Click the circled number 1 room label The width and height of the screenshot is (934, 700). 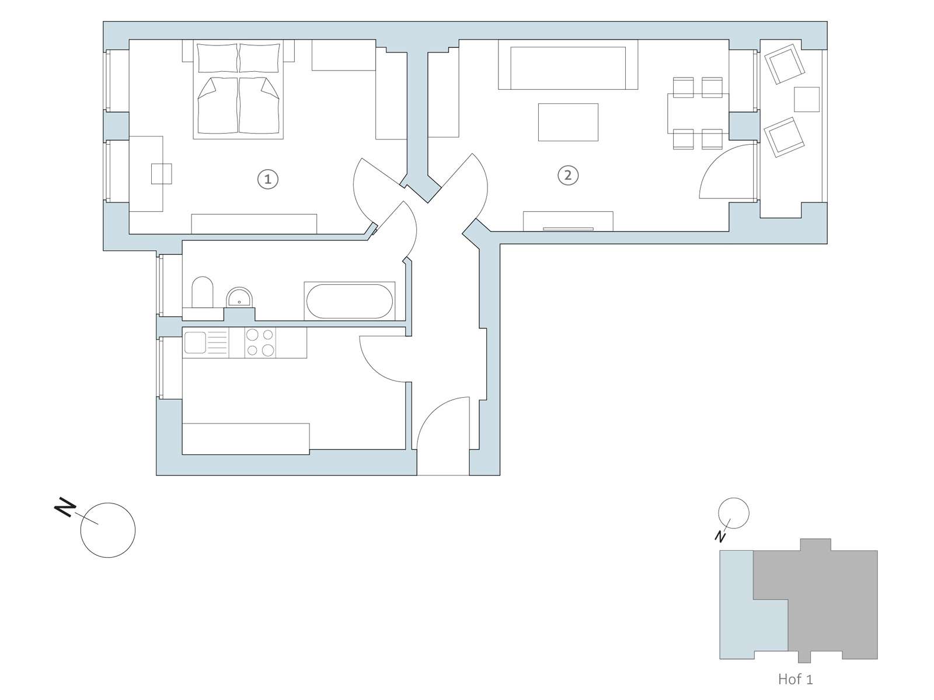point(267,179)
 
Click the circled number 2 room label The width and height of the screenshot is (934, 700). point(567,175)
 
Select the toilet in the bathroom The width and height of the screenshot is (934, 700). point(202,292)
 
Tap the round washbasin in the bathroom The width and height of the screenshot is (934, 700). point(239,297)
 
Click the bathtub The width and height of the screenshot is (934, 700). point(349,301)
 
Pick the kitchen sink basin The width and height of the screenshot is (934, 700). point(194,342)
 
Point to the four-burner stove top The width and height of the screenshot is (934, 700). point(260,342)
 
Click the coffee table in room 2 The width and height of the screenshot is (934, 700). point(568,122)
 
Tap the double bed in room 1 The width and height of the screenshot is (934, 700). point(238,89)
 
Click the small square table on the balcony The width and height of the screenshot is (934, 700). point(807,99)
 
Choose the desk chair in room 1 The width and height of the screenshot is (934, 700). point(162,174)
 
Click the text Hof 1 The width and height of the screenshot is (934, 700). point(795,679)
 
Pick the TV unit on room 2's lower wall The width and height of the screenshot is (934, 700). point(568,221)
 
